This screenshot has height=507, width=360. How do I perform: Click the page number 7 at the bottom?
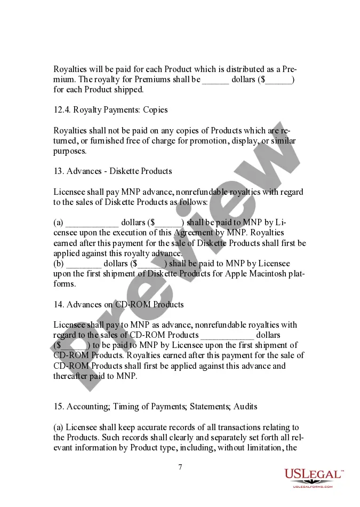pos(180,467)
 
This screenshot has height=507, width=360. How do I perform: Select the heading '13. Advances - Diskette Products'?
pos(113,171)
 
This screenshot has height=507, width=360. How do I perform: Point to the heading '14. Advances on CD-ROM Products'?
pos(118,304)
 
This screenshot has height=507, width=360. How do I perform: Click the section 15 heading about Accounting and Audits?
pos(155,407)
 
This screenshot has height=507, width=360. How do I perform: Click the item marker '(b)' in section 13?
pos(59,264)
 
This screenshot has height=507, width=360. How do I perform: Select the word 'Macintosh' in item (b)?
pos(265,274)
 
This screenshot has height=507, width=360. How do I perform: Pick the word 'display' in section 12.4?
pos(247,141)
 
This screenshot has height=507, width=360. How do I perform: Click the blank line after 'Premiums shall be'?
pos(215,80)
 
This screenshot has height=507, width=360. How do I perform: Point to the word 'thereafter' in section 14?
pos(72,376)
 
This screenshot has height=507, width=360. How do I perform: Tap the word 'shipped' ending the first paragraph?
pos(129,90)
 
